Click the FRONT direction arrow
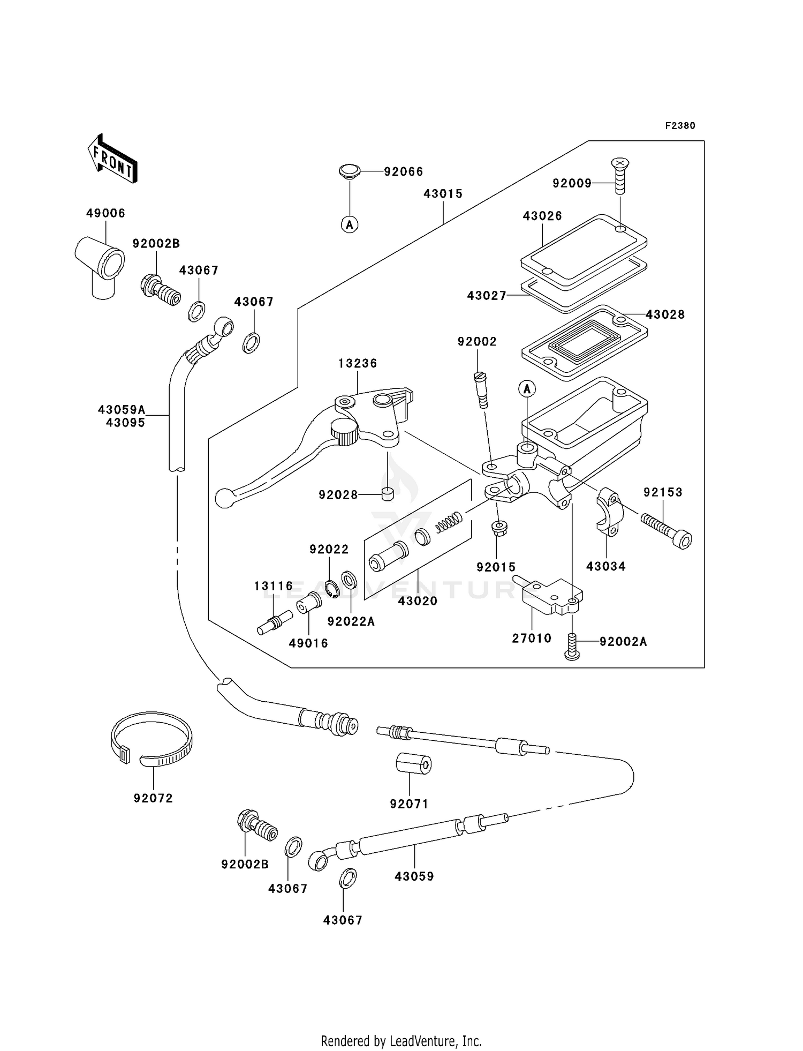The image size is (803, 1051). click(112, 159)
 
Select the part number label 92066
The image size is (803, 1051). click(403, 172)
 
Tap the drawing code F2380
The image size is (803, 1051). click(680, 126)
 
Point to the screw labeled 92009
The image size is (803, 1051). click(620, 176)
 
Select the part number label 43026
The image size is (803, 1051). click(542, 216)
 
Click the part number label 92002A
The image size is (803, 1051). click(623, 641)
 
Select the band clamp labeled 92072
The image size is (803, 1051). click(152, 739)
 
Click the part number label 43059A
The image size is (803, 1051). click(122, 410)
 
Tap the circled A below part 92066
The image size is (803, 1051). click(350, 225)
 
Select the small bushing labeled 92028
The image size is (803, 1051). click(388, 494)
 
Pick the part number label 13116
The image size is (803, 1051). click(274, 586)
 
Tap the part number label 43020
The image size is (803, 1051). click(418, 601)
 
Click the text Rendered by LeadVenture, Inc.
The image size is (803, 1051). click(401, 1041)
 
